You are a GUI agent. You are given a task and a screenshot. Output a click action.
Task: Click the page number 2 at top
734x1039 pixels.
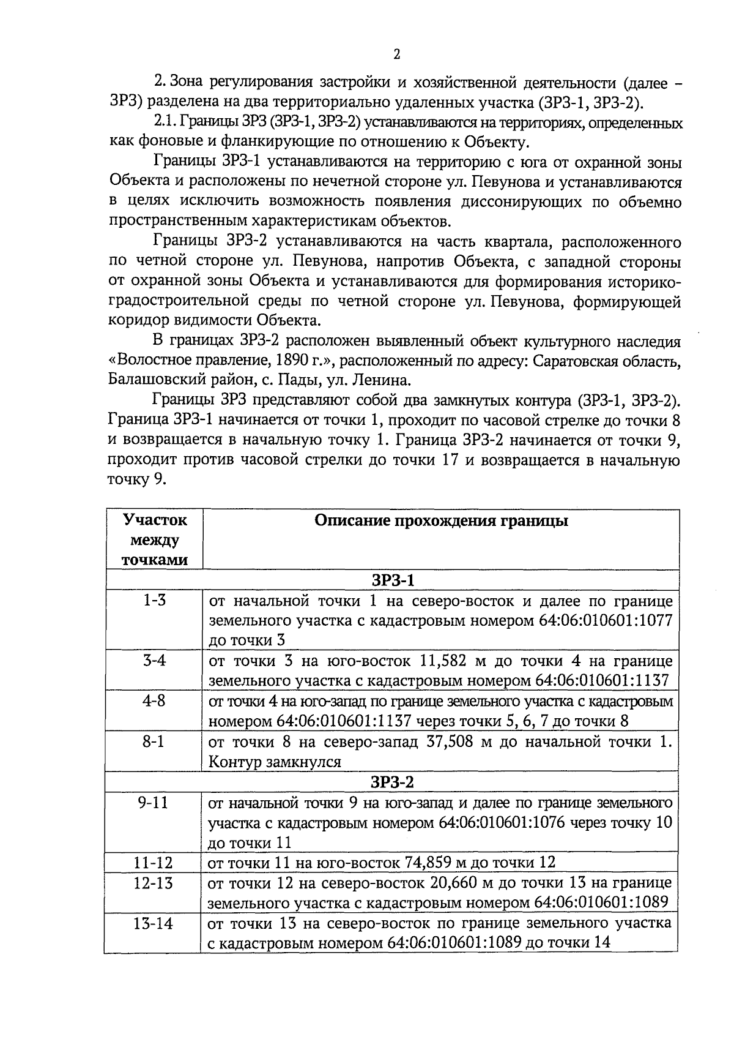[396, 54]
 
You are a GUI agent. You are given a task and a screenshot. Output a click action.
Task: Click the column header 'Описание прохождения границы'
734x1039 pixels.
[441, 521]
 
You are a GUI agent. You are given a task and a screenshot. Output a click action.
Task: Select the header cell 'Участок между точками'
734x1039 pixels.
[155, 540]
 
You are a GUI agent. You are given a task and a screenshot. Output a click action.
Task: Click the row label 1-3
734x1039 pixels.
[155, 600]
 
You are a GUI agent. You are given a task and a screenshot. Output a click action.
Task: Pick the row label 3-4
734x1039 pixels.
[155, 661]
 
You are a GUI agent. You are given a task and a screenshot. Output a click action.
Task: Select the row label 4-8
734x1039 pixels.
[155, 701]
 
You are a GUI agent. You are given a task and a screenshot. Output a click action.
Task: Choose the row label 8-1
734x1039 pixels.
[155, 741]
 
